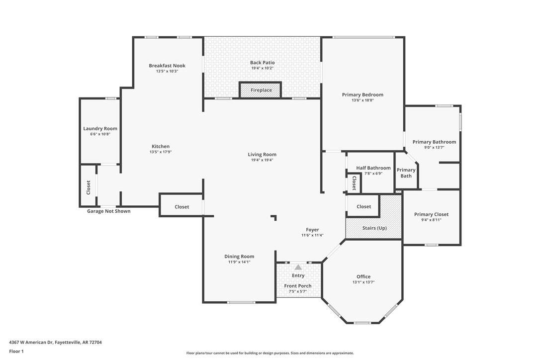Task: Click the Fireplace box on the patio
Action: (261, 90)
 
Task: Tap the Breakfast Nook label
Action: (167, 66)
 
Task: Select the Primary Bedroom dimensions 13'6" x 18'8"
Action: (362, 100)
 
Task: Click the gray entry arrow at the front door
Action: (298, 267)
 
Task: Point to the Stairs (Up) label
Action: (374, 228)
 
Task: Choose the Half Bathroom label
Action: (373, 168)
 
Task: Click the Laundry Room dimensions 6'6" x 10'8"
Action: (100, 134)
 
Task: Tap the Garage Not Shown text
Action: (109, 211)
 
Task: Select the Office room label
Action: (363, 276)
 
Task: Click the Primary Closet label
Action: (431, 214)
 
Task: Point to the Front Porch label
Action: (298, 286)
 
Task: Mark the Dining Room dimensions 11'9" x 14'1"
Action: (239, 262)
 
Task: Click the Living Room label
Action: (262, 155)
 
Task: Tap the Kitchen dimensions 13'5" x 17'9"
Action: (161, 152)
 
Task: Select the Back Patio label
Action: (262, 63)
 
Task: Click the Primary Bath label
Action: (406, 173)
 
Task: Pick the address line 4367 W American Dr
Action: (56, 342)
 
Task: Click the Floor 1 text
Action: (16, 351)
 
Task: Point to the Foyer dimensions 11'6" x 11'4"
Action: (312, 235)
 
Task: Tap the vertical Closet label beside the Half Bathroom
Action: (354, 183)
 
